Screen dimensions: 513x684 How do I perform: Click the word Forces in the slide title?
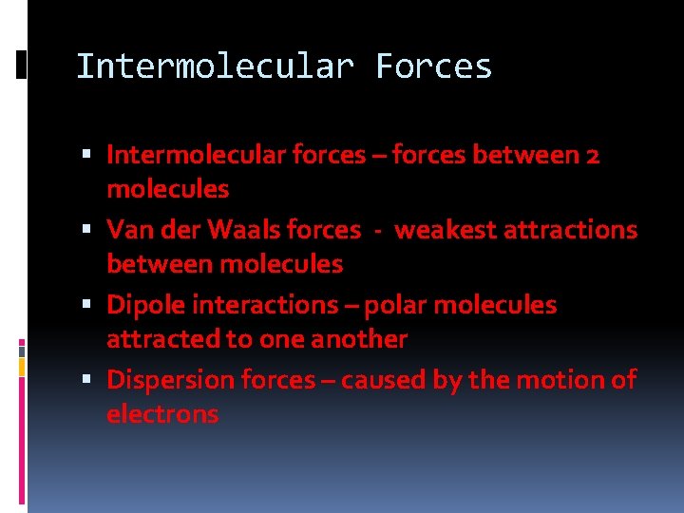coord(434,66)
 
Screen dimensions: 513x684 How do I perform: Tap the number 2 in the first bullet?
coord(592,154)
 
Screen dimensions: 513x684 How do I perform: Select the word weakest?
coord(436,230)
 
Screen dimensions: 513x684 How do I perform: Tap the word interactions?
coord(269,305)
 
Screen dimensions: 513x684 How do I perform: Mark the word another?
coord(359,339)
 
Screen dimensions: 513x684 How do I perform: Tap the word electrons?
coord(162,414)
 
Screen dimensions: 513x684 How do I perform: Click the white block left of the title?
coord(21,65)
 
